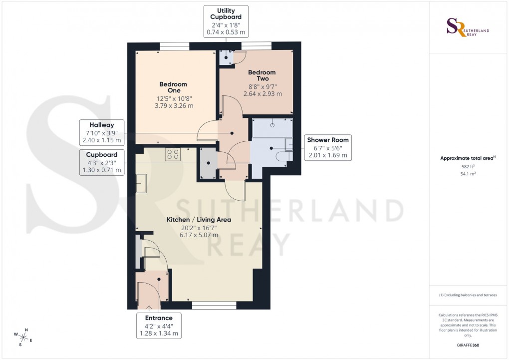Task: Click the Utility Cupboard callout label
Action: click(x=226, y=21)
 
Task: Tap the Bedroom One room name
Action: click(x=173, y=87)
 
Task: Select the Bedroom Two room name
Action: click(x=262, y=75)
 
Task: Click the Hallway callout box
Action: click(x=102, y=133)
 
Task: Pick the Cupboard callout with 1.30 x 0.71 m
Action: click(x=102, y=163)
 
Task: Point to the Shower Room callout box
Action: click(x=328, y=148)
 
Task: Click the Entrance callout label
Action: click(x=159, y=326)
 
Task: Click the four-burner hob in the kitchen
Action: click(x=173, y=155)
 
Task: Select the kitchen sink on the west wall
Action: click(x=141, y=183)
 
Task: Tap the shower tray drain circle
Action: click(x=272, y=126)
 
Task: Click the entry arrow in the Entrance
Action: click(x=148, y=301)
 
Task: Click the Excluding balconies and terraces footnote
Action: click(x=468, y=295)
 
